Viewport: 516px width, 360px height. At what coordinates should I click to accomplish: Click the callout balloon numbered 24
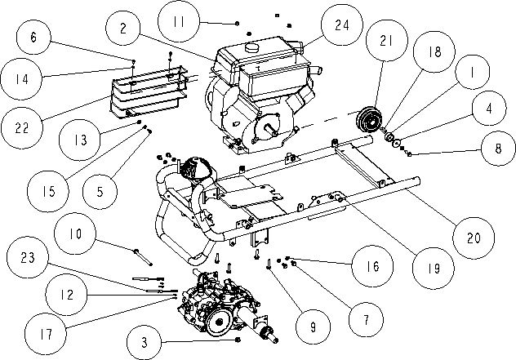tap(342, 24)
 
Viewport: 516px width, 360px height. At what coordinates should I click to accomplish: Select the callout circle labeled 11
tap(179, 21)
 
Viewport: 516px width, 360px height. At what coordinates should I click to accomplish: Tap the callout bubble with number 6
tap(33, 38)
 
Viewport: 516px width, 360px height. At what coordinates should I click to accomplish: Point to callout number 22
tap(22, 127)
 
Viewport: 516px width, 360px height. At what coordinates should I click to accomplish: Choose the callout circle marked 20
tap(474, 238)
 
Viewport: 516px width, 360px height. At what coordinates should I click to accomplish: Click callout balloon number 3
tap(145, 343)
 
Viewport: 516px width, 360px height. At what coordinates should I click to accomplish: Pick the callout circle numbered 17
tap(46, 334)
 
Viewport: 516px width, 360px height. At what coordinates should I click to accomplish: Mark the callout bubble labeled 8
tap(498, 149)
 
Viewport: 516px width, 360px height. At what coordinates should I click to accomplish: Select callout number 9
tap(313, 327)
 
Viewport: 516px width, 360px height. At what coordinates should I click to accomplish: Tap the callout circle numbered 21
tap(387, 41)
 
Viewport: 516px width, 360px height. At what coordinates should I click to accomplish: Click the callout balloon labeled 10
tap(75, 233)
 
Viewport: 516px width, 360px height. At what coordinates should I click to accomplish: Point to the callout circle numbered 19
tap(434, 269)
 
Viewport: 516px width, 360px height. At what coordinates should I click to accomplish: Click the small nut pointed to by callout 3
tap(238, 340)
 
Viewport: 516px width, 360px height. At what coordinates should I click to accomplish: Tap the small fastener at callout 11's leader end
tap(238, 24)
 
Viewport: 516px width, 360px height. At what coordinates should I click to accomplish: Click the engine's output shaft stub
tap(272, 129)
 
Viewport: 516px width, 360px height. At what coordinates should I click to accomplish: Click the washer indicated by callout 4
tap(397, 143)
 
